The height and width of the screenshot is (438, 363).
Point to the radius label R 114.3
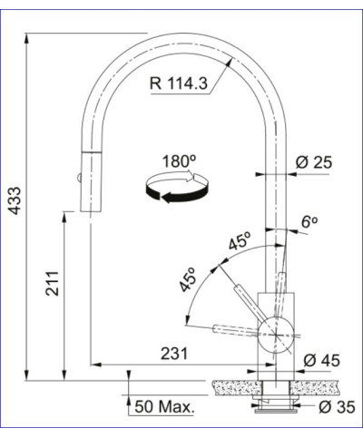pyautogui.click(x=179, y=85)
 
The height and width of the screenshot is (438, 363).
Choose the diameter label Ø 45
pyautogui.click(x=321, y=362)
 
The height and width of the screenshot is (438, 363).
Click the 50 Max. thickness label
pyautogui.click(x=164, y=407)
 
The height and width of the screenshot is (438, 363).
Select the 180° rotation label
pyautogui.click(x=179, y=161)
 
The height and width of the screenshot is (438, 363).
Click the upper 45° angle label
pyautogui.click(x=240, y=243)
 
